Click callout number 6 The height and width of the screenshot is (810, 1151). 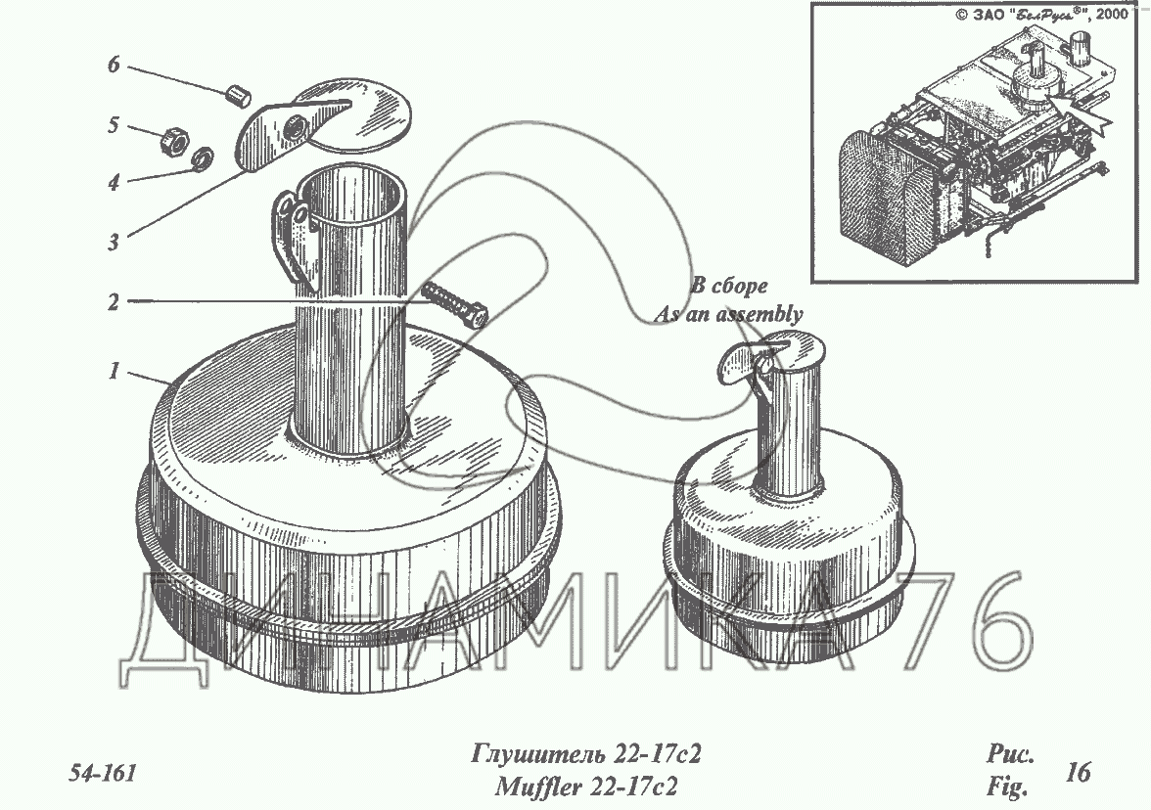tap(114, 65)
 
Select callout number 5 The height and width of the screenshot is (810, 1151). tap(114, 125)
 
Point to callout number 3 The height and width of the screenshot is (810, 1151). tap(114, 242)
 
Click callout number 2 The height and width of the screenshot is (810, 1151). tap(114, 301)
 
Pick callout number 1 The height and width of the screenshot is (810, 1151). tap(114, 371)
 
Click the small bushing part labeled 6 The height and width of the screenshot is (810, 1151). tap(238, 96)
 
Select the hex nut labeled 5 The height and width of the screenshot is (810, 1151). tap(177, 139)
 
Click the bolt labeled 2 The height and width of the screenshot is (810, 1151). tap(454, 303)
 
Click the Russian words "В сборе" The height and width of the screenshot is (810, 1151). tap(730, 286)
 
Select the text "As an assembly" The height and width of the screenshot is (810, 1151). tap(728, 314)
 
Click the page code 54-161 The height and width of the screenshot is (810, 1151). tap(103, 773)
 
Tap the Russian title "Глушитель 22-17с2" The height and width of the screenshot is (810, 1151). tap(585, 754)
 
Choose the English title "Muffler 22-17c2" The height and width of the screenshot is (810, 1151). tap(585, 787)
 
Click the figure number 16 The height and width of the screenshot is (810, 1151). tap(1079, 772)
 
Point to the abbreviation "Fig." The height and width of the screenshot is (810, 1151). tap(1007, 788)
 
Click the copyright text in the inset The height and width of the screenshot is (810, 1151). tap(1041, 15)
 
